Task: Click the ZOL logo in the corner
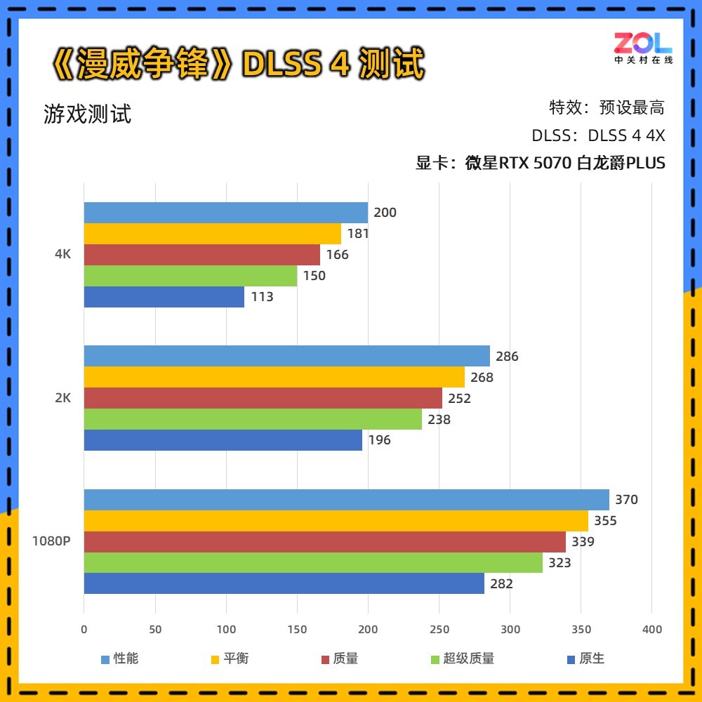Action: point(643,48)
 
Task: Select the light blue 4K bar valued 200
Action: point(225,213)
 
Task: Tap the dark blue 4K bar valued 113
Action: point(164,297)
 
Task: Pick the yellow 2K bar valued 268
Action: point(274,377)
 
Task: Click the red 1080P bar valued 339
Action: point(324,542)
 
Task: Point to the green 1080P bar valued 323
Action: point(313,563)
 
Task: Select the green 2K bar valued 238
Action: point(253,419)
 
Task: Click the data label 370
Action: point(626,500)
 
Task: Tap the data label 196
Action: point(379,440)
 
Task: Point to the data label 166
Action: point(337,255)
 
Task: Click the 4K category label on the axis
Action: point(62,254)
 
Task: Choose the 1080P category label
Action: point(51,541)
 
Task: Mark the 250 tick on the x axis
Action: point(439,630)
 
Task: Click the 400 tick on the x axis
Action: point(651,630)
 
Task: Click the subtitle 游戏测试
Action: point(87,114)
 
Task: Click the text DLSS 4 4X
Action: point(626,135)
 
